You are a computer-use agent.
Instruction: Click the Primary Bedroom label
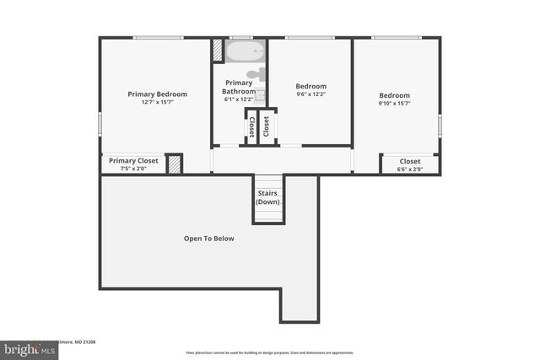click(x=157, y=94)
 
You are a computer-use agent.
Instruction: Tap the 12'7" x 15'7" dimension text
click(x=157, y=103)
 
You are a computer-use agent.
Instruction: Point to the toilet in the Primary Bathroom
click(x=262, y=74)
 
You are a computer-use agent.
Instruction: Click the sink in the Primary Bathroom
click(x=262, y=94)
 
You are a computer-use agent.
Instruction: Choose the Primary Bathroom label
click(x=238, y=87)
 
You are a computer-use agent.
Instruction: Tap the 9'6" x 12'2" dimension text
click(x=310, y=94)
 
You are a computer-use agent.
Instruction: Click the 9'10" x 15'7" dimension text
click(x=394, y=104)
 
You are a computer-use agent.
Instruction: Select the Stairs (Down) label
click(x=268, y=197)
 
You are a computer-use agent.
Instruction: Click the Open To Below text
click(x=208, y=239)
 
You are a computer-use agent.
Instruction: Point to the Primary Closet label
click(x=133, y=160)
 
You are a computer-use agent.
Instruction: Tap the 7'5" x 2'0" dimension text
click(x=133, y=169)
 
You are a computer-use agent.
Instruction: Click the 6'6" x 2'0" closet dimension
click(x=410, y=169)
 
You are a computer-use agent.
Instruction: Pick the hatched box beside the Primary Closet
click(x=175, y=164)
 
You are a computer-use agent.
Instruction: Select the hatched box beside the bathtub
click(x=219, y=51)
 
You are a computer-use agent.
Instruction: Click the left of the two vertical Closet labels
click(x=251, y=127)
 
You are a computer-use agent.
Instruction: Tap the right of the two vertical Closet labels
click(x=267, y=127)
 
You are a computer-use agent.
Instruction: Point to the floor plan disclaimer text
click(x=270, y=352)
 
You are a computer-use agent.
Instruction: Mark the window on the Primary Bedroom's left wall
click(x=100, y=123)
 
